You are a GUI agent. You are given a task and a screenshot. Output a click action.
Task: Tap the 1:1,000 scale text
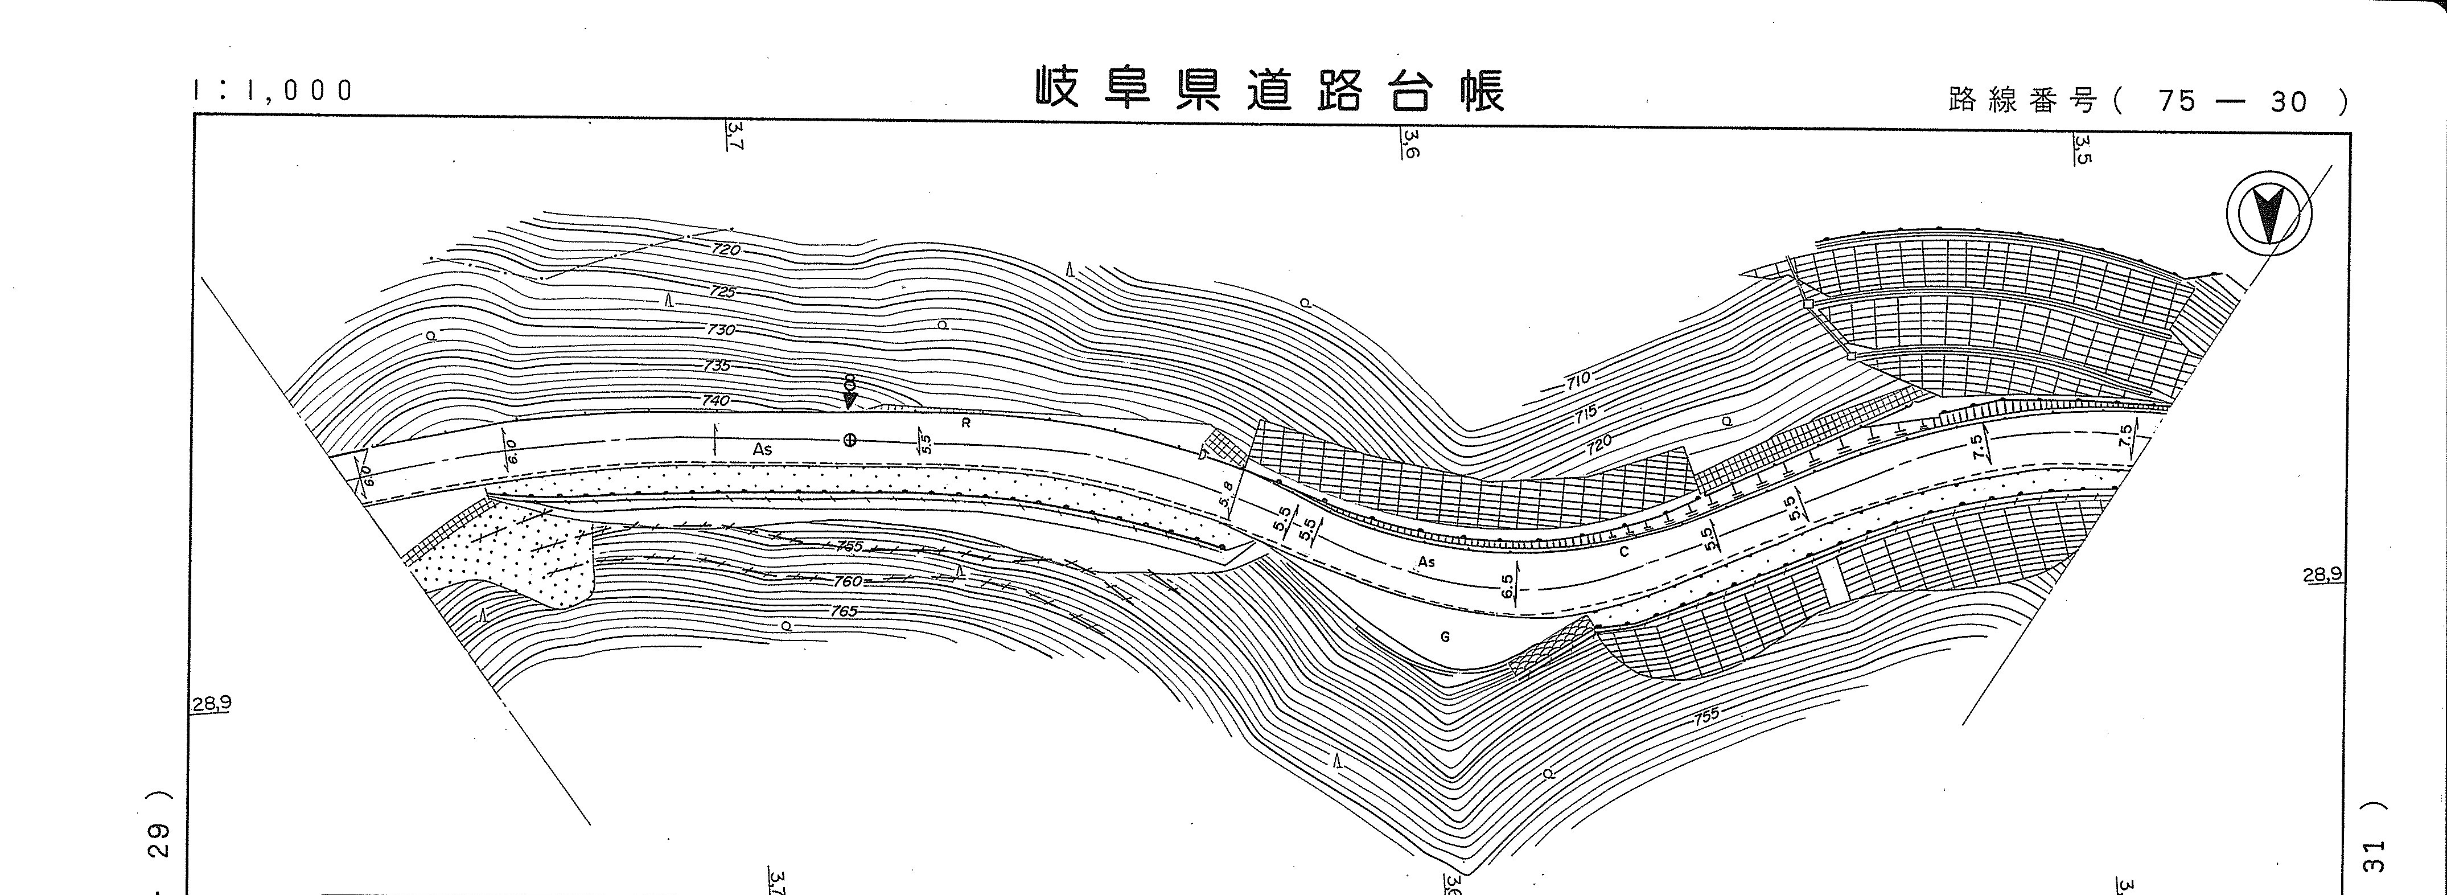(x=273, y=91)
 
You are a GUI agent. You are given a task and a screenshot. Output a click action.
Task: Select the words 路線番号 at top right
(x=2021, y=100)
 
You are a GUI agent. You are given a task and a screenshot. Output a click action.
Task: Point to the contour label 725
(x=722, y=292)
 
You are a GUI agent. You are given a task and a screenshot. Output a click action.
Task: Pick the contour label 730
(x=720, y=330)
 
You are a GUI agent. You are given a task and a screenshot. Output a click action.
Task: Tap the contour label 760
(x=848, y=581)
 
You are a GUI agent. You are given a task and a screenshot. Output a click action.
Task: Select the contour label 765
(x=844, y=611)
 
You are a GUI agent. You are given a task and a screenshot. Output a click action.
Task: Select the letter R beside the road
(x=966, y=424)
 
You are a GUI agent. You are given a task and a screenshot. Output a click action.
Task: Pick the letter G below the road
(x=1445, y=638)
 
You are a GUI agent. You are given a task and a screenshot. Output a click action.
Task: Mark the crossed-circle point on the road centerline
(x=850, y=440)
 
